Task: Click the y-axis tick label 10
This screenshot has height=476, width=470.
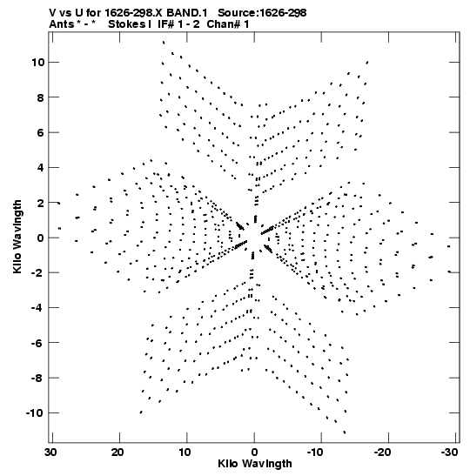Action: pyautogui.click(x=37, y=63)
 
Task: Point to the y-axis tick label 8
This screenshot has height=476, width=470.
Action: pyautogui.click(x=41, y=97)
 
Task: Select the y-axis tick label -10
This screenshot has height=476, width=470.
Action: pyautogui.click(x=35, y=412)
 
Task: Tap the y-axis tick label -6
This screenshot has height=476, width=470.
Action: pyautogui.click(x=37, y=343)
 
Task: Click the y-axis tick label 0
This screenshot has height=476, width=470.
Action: pyautogui.click(x=41, y=238)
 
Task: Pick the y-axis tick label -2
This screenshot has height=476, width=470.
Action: pyautogui.click(x=37, y=272)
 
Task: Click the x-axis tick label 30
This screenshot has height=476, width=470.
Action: pyautogui.click(x=50, y=453)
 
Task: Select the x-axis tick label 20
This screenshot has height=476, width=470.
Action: pyautogui.click(x=117, y=453)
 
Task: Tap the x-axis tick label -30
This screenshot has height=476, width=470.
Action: pyautogui.click(x=449, y=453)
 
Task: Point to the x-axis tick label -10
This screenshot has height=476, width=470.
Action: pyautogui.click(x=315, y=453)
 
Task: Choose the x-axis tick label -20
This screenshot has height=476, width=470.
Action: pyautogui.click(x=382, y=453)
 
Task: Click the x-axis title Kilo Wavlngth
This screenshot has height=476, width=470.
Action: pyautogui.click(x=255, y=464)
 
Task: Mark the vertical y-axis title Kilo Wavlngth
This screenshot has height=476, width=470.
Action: pyautogui.click(x=17, y=237)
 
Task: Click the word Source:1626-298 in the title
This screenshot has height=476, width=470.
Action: pyautogui.click(x=262, y=13)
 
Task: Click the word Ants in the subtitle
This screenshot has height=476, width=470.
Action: pyautogui.click(x=61, y=24)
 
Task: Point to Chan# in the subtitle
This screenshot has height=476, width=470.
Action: pyautogui.click(x=224, y=24)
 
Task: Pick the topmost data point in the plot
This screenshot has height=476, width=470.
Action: pyautogui.click(x=164, y=42)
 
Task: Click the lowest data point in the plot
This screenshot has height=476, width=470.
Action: pyautogui.click(x=345, y=432)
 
